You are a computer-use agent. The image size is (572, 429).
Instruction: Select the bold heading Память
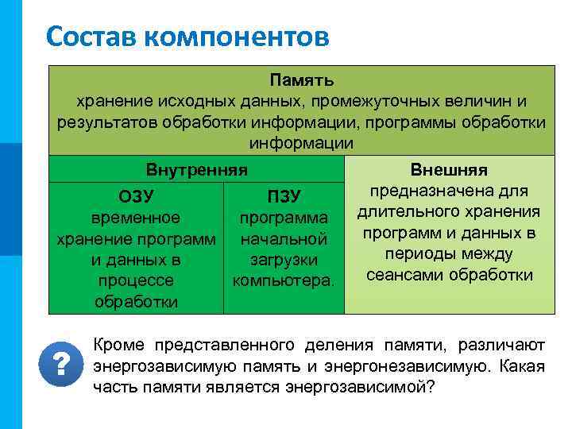pyautogui.click(x=301, y=81)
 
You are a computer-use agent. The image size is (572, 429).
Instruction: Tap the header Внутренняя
pyautogui.click(x=197, y=170)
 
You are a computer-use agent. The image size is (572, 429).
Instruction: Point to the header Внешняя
pyautogui.click(x=449, y=171)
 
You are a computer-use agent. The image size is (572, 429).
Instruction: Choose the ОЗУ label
pyautogui.click(x=136, y=196)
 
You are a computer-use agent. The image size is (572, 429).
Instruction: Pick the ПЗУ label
pyautogui.click(x=284, y=196)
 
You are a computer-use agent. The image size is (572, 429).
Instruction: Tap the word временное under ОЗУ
pyautogui.click(x=136, y=218)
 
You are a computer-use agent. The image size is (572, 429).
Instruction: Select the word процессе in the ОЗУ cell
pyautogui.click(x=136, y=280)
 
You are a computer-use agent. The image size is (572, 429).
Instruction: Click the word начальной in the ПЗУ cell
pyautogui.click(x=284, y=238)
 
